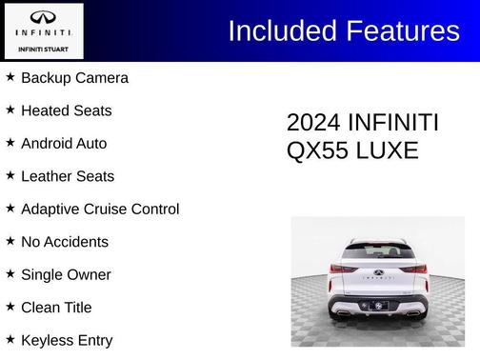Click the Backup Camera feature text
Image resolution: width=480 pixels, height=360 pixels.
click(74, 78)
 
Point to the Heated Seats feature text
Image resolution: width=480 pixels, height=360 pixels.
click(66, 110)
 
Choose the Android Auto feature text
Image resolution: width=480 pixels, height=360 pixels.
click(64, 144)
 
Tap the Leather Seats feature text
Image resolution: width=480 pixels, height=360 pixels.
click(67, 176)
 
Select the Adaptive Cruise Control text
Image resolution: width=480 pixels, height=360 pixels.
click(99, 210)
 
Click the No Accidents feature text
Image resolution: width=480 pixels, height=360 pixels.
click(64, 242)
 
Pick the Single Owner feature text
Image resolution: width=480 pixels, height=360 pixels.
click(66, 275)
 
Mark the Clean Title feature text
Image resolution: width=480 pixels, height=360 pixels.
click(57, 308)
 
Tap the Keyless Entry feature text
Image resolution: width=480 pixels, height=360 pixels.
click(66, 340)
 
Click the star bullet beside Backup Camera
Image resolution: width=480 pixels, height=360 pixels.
click(10, 77)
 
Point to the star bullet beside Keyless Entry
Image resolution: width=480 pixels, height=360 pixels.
click(10, 339)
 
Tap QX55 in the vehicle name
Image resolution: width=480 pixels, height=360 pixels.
click(316, 150)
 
